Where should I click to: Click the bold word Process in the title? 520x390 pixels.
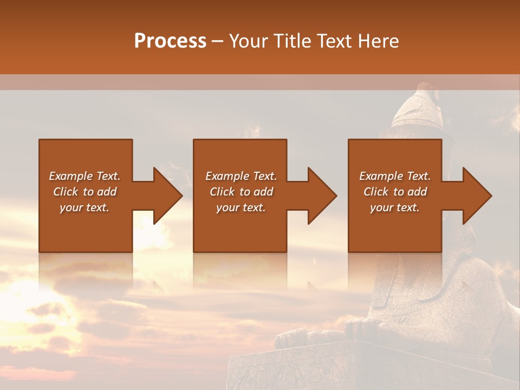click(170, 41)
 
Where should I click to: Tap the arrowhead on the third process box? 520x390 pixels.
click(476, 196)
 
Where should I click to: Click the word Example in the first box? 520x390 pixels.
click(70, 176)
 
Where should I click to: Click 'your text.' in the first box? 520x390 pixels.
click(84, 207)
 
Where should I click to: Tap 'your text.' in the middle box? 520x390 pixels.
click(240, 207)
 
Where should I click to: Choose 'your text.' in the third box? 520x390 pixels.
click(395, 207)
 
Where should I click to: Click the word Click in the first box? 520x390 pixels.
click(66, 192)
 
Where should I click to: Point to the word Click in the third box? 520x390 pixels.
click(376, 192)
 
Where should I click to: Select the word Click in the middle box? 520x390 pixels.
click(223, 192)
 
